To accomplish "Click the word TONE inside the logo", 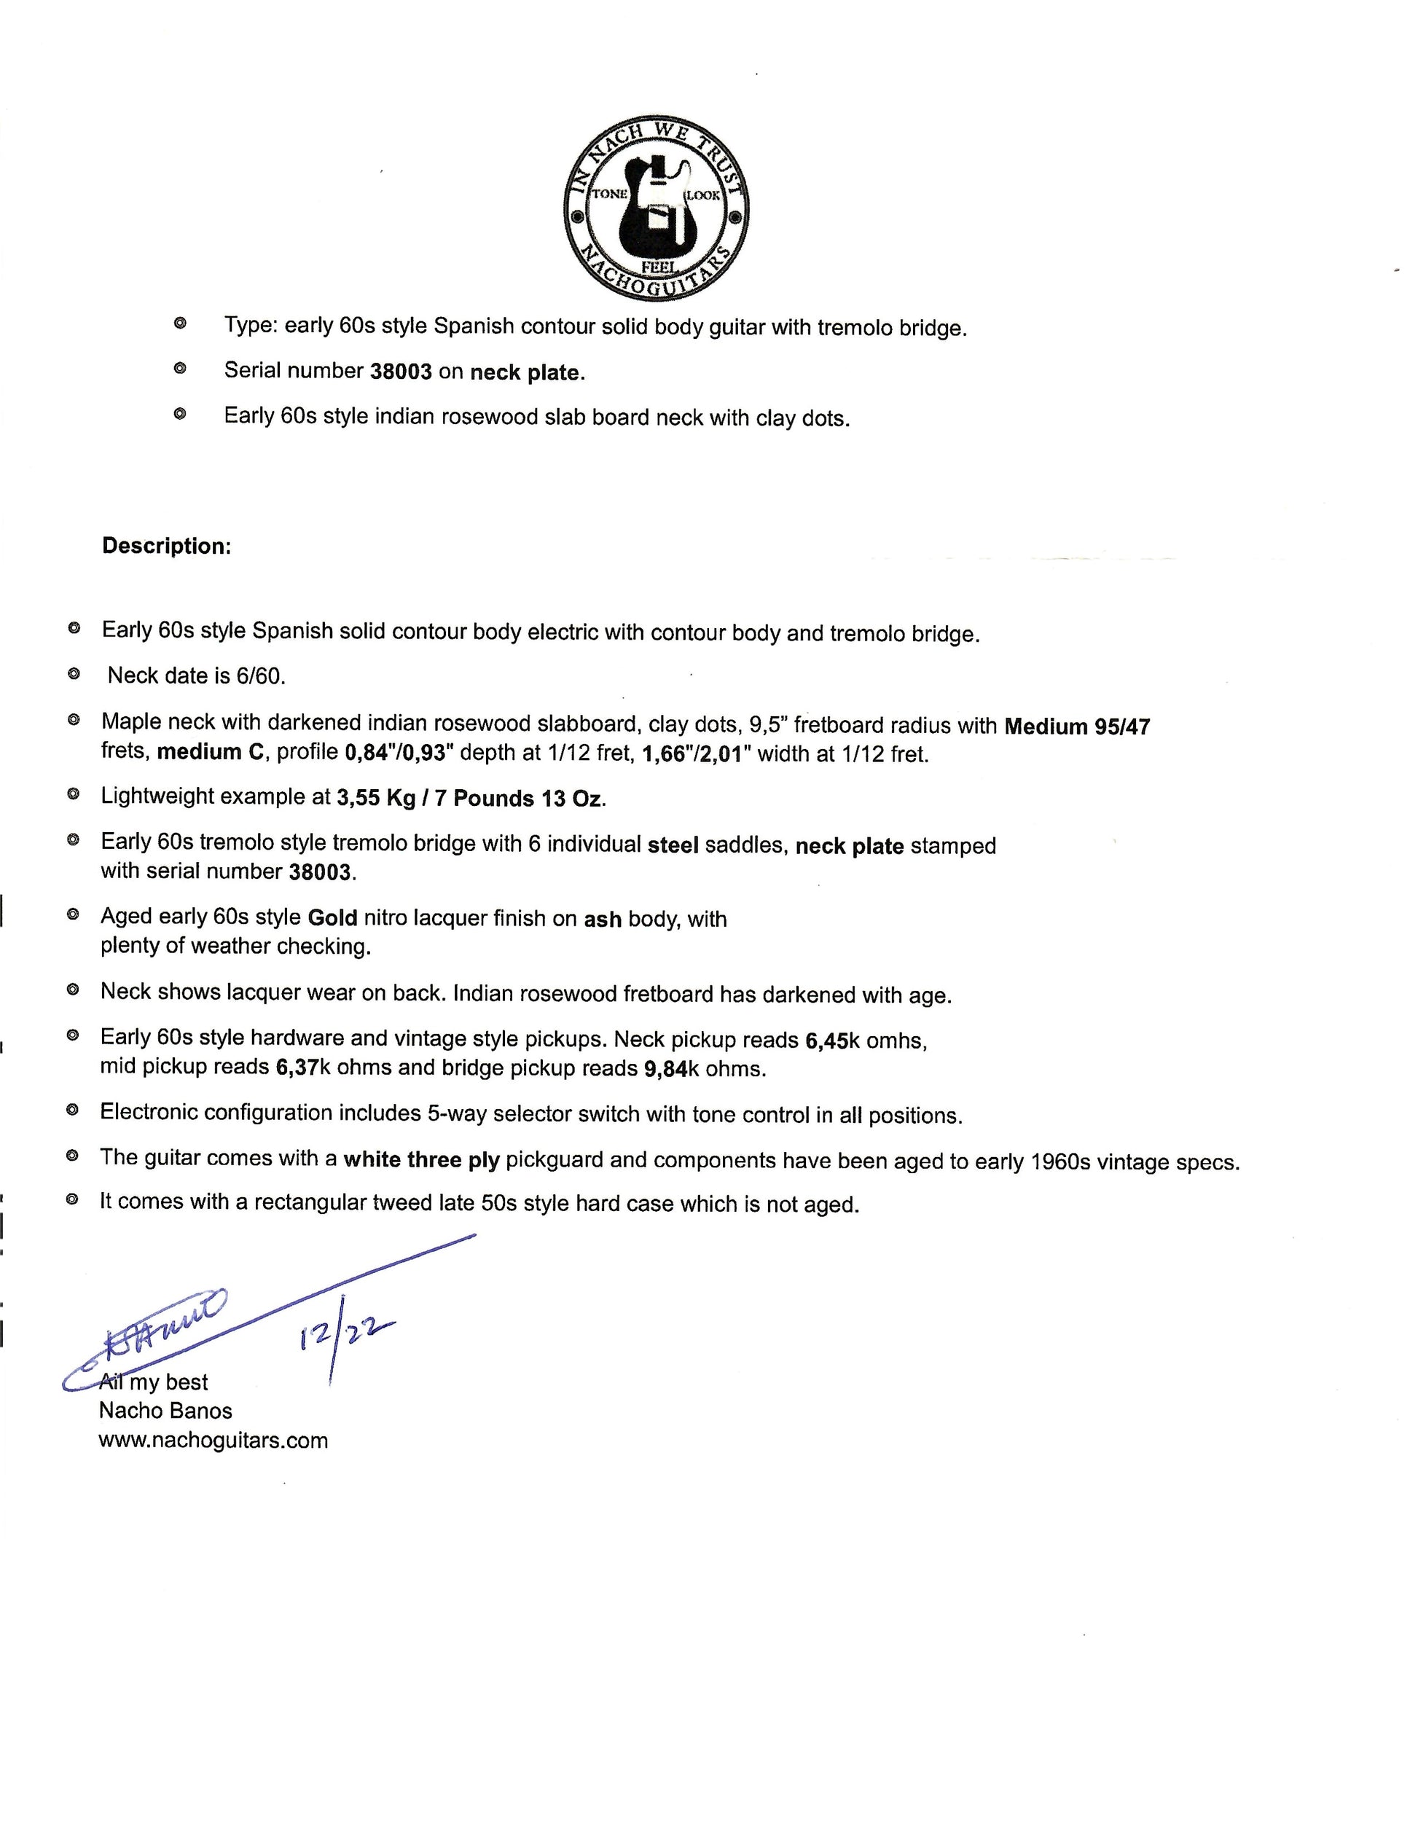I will pos(610,193).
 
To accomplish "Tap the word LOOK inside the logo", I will pos(704,195).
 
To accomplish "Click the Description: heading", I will pos(167,546).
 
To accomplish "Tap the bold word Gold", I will pos(333,917).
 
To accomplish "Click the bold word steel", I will pos(673,845).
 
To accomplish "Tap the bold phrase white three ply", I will pos(421,1160).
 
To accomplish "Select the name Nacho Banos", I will pos(165,1411).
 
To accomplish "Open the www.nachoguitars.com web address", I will pos(213,1440).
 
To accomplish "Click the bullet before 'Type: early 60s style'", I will pos(179,324).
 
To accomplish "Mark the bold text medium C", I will pos(211,752).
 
